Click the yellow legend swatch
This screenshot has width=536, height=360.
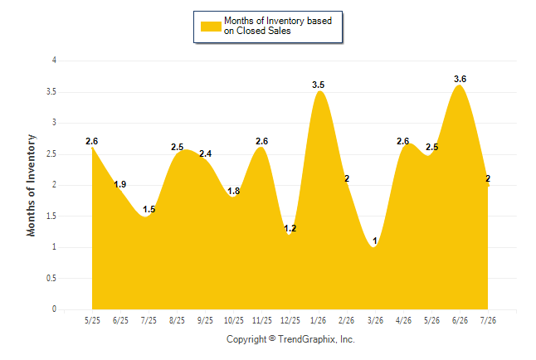point(211,27)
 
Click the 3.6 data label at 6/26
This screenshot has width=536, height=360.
point(460,80)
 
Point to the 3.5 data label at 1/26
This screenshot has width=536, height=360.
point(319,85)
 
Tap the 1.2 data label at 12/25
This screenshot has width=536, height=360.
point(290,228)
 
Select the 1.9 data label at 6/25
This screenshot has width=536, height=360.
point(120,185)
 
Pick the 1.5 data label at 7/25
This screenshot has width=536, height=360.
point(149,209)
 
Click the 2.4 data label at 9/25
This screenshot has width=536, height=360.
point(206,153)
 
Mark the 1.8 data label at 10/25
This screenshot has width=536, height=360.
point(234,191)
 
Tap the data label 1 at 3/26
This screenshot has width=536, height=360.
point(375,241)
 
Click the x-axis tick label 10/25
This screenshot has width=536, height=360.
point(234,321)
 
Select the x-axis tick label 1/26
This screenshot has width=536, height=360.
point(319,321)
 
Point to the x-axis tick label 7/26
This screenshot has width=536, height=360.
point(488,321)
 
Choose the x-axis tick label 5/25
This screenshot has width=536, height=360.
point(92,321)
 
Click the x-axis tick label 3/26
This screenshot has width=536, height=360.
point(375,321)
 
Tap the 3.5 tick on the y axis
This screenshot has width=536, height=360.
point(51,92)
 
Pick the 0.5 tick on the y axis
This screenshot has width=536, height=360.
point(51,278)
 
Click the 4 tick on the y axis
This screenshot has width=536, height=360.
point(54,61)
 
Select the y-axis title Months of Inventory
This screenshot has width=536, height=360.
point(31,185)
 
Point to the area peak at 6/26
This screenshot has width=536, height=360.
point(460,85)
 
